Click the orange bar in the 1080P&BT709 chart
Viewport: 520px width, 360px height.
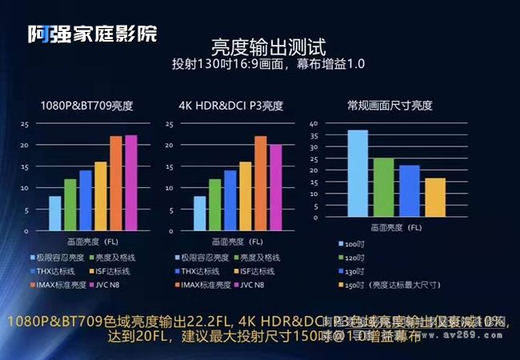coord(116,183)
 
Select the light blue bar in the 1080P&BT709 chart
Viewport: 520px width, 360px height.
coord(55,213)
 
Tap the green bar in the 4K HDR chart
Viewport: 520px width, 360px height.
coord(214,205)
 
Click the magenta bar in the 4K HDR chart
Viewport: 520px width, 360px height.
coord(275,187)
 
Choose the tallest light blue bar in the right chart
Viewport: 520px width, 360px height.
coord(357,178)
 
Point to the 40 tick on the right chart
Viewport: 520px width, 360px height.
coord(313,124)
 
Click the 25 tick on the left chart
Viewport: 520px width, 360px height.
coord(25,124)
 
